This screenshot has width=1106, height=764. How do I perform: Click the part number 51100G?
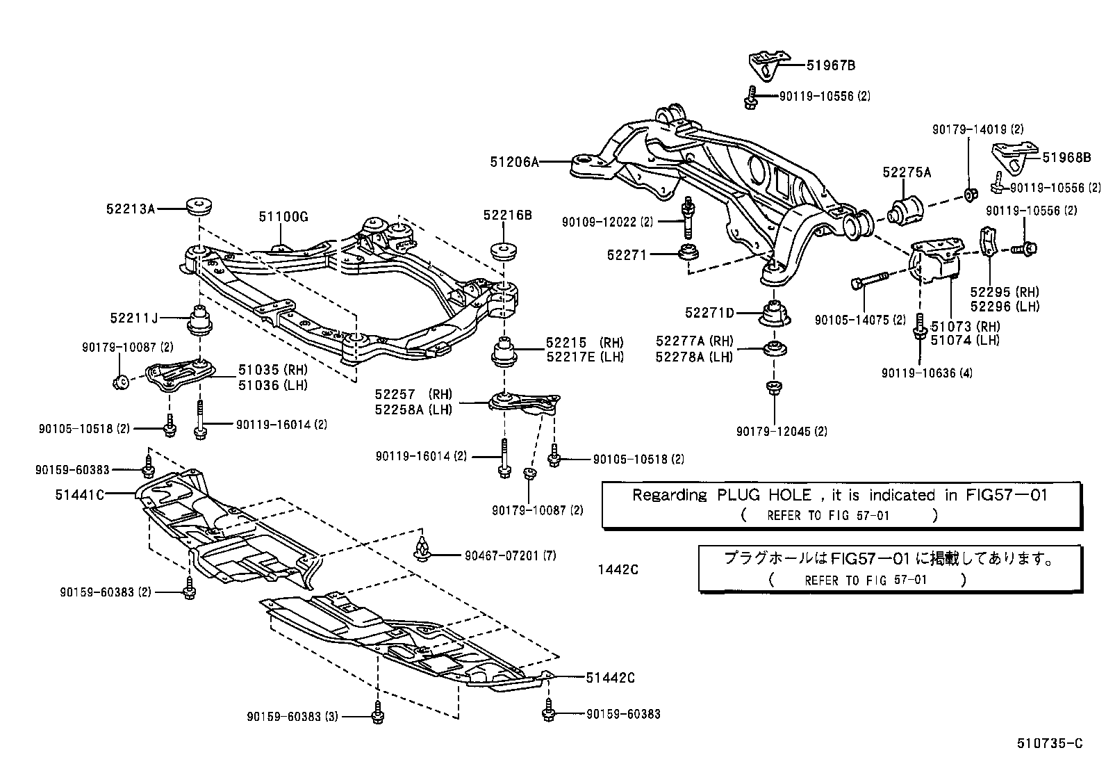283,217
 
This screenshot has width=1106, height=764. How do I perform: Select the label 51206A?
514,162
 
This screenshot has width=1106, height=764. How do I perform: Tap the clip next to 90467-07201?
422,550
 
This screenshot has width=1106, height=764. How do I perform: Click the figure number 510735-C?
1050,743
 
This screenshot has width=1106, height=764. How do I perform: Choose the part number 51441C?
80,494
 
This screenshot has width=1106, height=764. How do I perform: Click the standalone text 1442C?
618,570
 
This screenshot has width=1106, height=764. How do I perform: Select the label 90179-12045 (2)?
782,431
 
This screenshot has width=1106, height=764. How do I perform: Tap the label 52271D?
709,313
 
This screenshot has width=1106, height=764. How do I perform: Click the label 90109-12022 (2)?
608,222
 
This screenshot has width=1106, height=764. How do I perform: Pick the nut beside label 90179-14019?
969,193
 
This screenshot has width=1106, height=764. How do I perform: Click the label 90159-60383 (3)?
292,716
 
